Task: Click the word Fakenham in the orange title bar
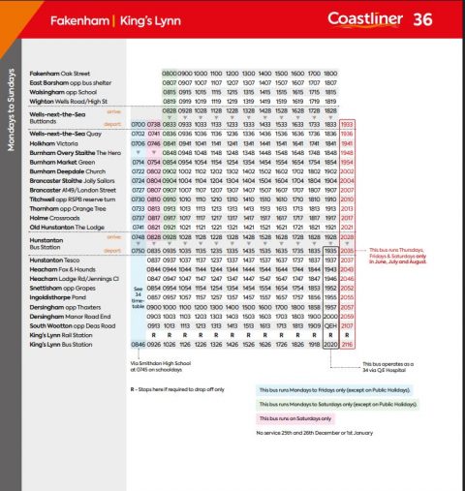coord(57,19)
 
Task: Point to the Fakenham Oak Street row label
coord(58,74)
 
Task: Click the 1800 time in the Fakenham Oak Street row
coord(330,74)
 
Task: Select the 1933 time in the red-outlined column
coord(349,124)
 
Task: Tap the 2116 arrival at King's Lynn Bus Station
coord(349,344)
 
